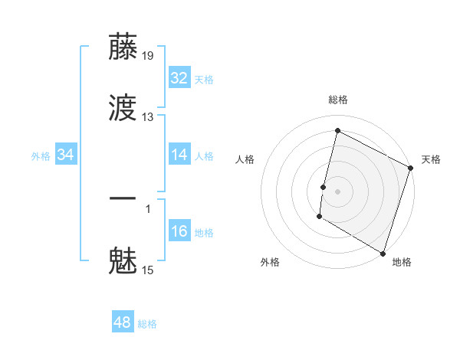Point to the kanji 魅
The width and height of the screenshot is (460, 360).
click(123, 261)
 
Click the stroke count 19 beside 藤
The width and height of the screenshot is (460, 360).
click(148, 55)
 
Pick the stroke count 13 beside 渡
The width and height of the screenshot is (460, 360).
click(148, 117)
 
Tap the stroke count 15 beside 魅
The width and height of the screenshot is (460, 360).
click(148, 270)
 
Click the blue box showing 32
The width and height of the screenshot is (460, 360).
click(179, 78)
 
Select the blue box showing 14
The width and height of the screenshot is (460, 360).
click(179, 155)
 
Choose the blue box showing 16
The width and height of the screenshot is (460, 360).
click(179, 231)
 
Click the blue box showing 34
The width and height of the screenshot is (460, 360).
click(66, 155)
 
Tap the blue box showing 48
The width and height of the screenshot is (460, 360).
click(123, 322)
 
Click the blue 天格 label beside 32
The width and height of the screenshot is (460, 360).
click(204, 80)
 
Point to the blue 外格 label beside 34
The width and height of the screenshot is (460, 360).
click(41, 156)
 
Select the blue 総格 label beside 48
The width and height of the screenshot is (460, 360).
click(147, 324)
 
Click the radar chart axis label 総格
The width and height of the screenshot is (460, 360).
click(338, 100)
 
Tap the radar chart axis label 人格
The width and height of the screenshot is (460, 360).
click(245, 159)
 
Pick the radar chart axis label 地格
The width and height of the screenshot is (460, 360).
click(402, 263)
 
